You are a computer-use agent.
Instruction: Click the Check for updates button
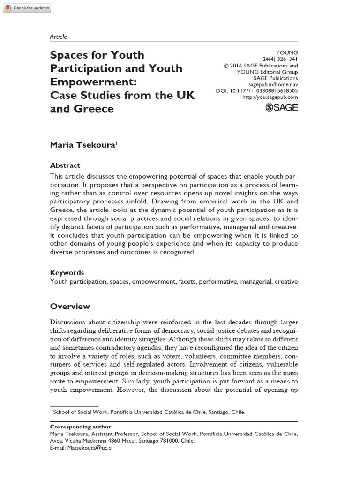click(27, 8)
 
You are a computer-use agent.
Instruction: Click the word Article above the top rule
click(58, 37)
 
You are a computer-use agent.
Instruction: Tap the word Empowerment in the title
click(94, 82)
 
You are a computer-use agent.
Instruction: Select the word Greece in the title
click(93, 109)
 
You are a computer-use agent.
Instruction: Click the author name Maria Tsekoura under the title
click(82, 145)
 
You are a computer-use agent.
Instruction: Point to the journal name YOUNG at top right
click(288, 53)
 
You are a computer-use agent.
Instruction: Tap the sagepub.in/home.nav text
click(276, 84)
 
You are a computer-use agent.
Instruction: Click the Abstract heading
click(65, 165)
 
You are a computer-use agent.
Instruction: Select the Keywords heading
click(67, 273)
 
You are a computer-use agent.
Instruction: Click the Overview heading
click(70, 307)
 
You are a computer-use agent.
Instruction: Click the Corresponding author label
click(81, 427)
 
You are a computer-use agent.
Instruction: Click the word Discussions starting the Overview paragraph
click(68, 322)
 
